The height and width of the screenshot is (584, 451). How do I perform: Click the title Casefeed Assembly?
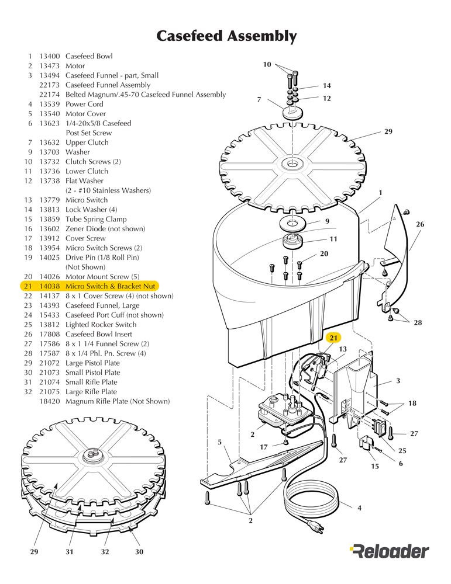[226, 36]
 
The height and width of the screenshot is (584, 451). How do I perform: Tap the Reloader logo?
[389, 550]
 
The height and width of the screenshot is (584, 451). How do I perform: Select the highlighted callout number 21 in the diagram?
[333, 338]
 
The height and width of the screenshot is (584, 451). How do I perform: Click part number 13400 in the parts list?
[49, 56]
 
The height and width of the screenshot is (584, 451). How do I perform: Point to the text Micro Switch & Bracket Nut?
[111, 286]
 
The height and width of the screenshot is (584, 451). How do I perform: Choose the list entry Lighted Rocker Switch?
[101, 325]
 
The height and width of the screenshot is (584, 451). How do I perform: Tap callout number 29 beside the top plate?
[388, 132]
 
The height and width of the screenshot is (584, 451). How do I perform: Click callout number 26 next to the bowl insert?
[419, 224]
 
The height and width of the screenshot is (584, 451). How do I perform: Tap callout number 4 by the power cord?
[359, 508]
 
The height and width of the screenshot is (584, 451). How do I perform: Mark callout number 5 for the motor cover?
[219, 443]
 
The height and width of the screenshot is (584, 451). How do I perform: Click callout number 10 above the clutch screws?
[267, 65]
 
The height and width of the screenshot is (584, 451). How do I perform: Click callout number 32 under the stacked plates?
[105, 551]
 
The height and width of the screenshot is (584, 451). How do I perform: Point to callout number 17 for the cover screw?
[264, 447]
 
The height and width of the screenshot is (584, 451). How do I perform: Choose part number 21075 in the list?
[49, 392]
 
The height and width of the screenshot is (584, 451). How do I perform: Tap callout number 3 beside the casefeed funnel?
[398, 381]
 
